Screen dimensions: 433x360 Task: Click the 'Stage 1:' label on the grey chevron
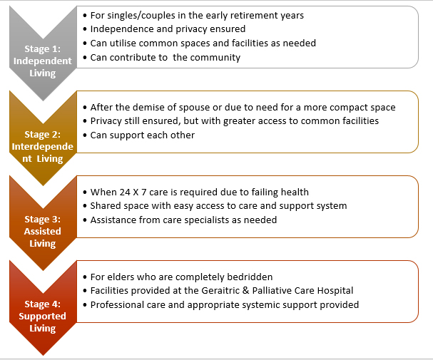coord(43,48)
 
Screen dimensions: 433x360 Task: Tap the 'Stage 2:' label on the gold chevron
coord(43,134)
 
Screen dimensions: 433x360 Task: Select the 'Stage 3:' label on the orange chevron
coord(43,219)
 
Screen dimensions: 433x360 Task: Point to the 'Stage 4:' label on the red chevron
coord(43,304)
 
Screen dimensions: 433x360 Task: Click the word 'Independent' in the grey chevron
coord(43,61)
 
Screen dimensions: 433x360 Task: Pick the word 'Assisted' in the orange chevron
coord(43,231)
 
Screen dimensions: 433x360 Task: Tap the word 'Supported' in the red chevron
coord(43,316)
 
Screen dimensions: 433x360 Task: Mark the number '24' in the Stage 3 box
coord(125,192)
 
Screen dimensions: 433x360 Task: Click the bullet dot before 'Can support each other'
coord(85,135)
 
